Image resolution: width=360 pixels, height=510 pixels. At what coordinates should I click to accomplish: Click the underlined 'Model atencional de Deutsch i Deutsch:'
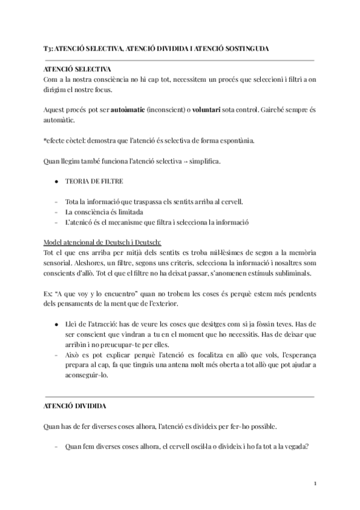coord(103,242)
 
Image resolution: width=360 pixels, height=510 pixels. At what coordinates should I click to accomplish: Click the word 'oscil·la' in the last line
coord(192,447)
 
